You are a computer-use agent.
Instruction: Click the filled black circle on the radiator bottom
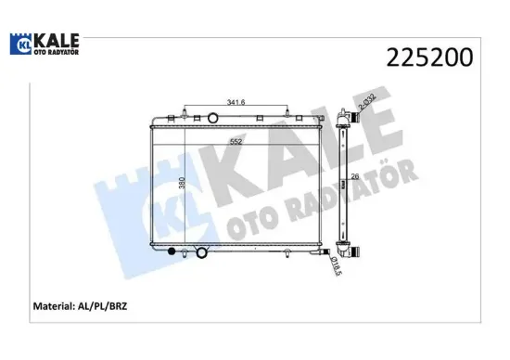pos(171,253)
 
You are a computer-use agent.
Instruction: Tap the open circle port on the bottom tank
pos(202,253)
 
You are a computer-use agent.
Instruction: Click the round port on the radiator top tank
pos(213,118)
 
